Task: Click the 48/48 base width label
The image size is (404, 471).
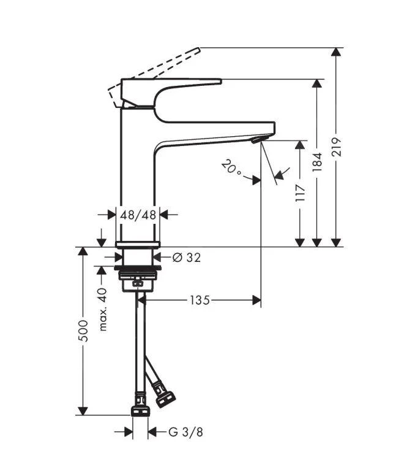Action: [138, 215]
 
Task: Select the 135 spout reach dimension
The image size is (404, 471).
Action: [200, 300]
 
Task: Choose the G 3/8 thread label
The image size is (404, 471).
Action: [185, 432]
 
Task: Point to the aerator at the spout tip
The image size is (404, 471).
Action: [256, 141]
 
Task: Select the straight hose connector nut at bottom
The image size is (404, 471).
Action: [140, 410]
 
